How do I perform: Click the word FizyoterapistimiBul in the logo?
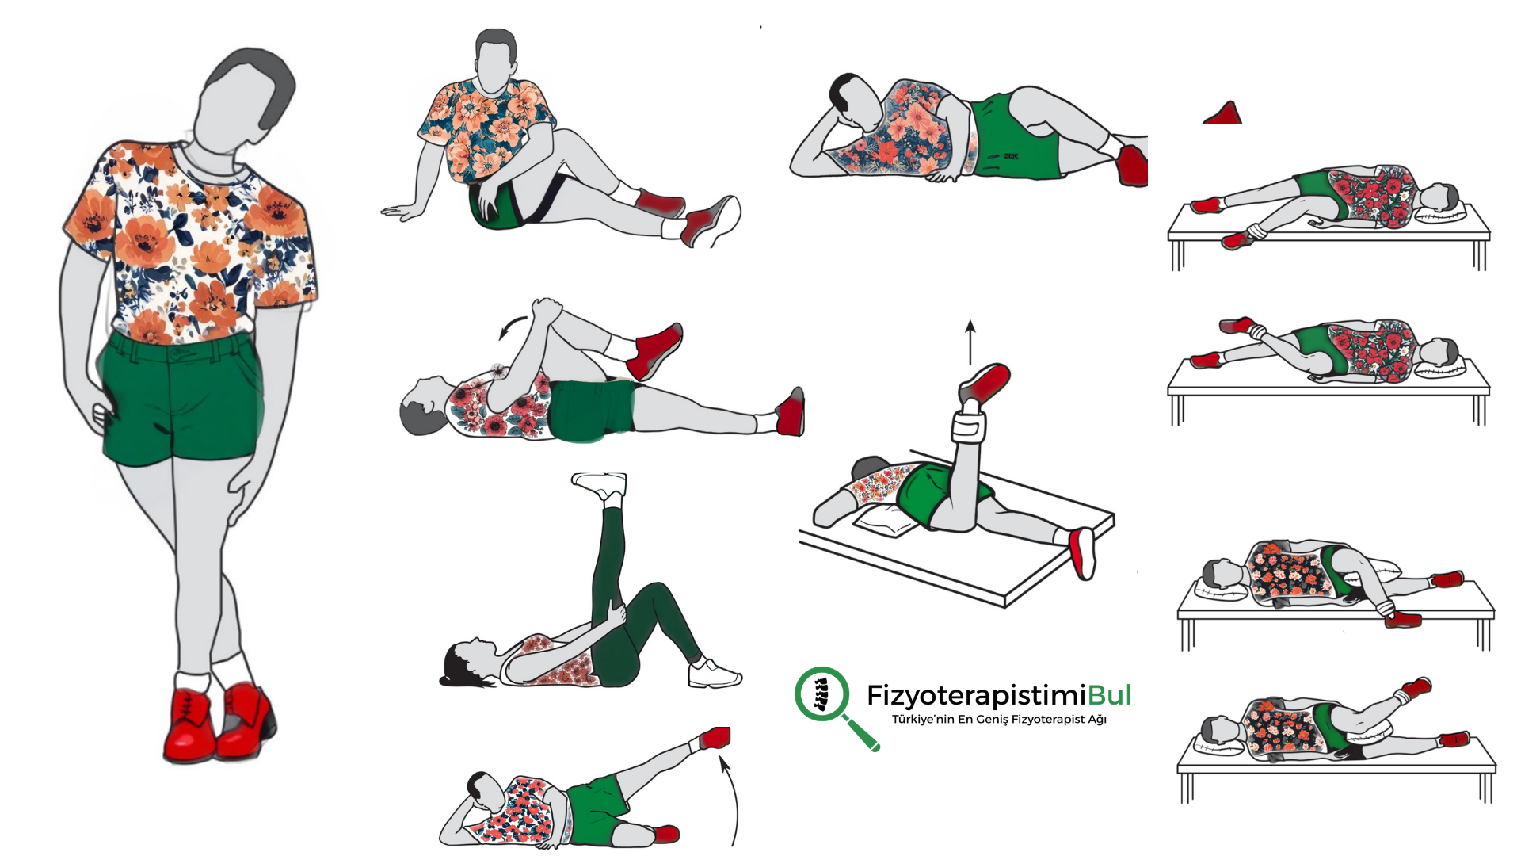point(999,695)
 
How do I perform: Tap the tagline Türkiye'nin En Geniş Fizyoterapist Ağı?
point(999,720)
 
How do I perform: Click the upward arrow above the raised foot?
point(970,342)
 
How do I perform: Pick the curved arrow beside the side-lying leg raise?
point(730,801)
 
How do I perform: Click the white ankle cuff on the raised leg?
point(968,429)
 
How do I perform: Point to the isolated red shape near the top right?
point(1223,114)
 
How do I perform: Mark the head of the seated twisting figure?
point(495,59)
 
